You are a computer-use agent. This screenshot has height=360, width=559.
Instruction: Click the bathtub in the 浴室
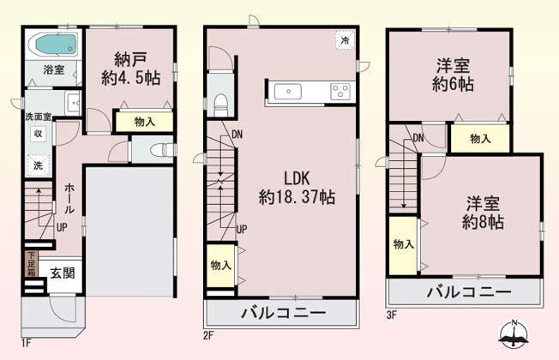coord(53,43)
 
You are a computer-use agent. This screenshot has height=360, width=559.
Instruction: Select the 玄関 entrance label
coord(61,273)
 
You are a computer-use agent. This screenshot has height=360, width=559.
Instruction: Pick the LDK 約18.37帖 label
coord(297,188)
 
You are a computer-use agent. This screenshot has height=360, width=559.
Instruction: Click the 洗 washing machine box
coord(39,165)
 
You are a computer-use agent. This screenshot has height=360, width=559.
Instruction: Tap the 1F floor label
coord(26,344)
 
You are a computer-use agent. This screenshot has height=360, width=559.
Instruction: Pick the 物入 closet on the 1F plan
coord(145,122)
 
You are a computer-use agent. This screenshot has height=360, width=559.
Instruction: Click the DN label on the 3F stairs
coord(418,139)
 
